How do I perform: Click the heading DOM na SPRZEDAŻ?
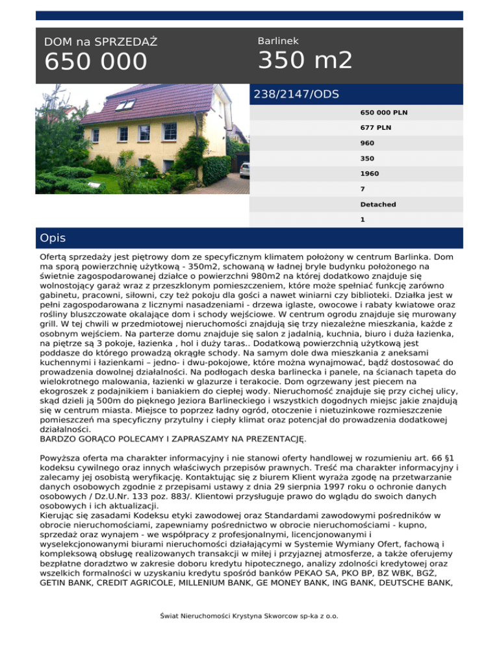tap(101, 42)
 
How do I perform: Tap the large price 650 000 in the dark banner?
tap(96, 62)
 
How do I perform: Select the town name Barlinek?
tap(278, 40)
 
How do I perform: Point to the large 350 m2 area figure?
tap(305, 60)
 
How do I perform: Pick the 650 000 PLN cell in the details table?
tap(383, 112)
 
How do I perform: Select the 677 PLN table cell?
tap(376, 128)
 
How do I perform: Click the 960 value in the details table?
tap(367, 143)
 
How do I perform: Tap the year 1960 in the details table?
tap(369, 174)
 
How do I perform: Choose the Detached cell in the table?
tap(378, 204)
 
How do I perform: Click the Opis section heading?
tap(53, 238)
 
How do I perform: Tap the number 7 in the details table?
tap(363, 189)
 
